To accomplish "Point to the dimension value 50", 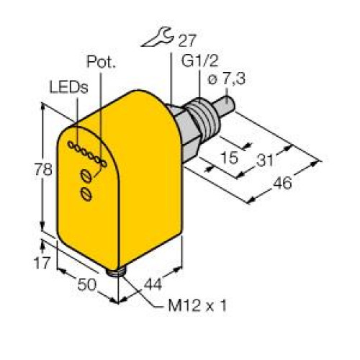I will [x=87, y=284].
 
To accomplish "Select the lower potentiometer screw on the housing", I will [x=86, y=193].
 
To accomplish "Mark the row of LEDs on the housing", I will [x=86, y=154].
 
